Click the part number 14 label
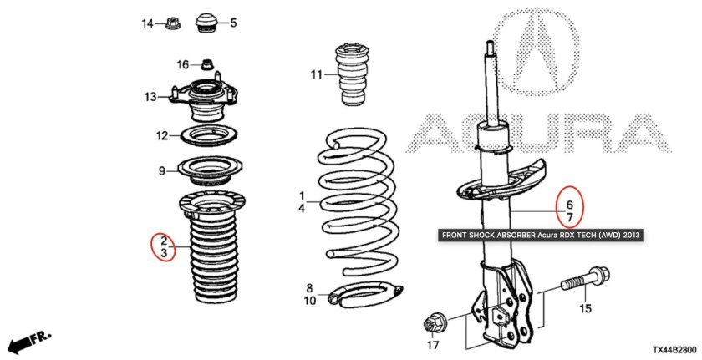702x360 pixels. coord(148,23)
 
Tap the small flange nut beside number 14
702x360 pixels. coord(172,23)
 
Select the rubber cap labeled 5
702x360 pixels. coord(207,23)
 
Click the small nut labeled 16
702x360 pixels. coord(207,64)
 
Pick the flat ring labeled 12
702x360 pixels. coord(208,135)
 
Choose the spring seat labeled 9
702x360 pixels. coord(211,172)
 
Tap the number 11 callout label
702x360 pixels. coord(317,74)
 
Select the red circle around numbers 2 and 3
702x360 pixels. coord(163,246)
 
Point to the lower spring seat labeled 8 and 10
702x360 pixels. coord(365,295)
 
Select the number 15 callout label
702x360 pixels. coord(586,308)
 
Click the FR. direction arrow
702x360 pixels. coord(30,342)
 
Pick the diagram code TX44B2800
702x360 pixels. coord(674,350)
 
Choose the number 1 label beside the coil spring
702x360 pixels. coord(302,196)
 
